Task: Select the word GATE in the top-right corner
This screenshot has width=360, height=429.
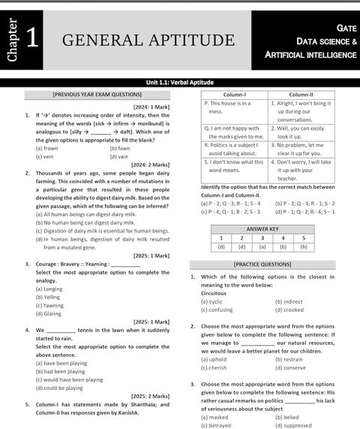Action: coord(346,26)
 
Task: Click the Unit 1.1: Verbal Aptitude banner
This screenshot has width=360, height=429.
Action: coord(179,82)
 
